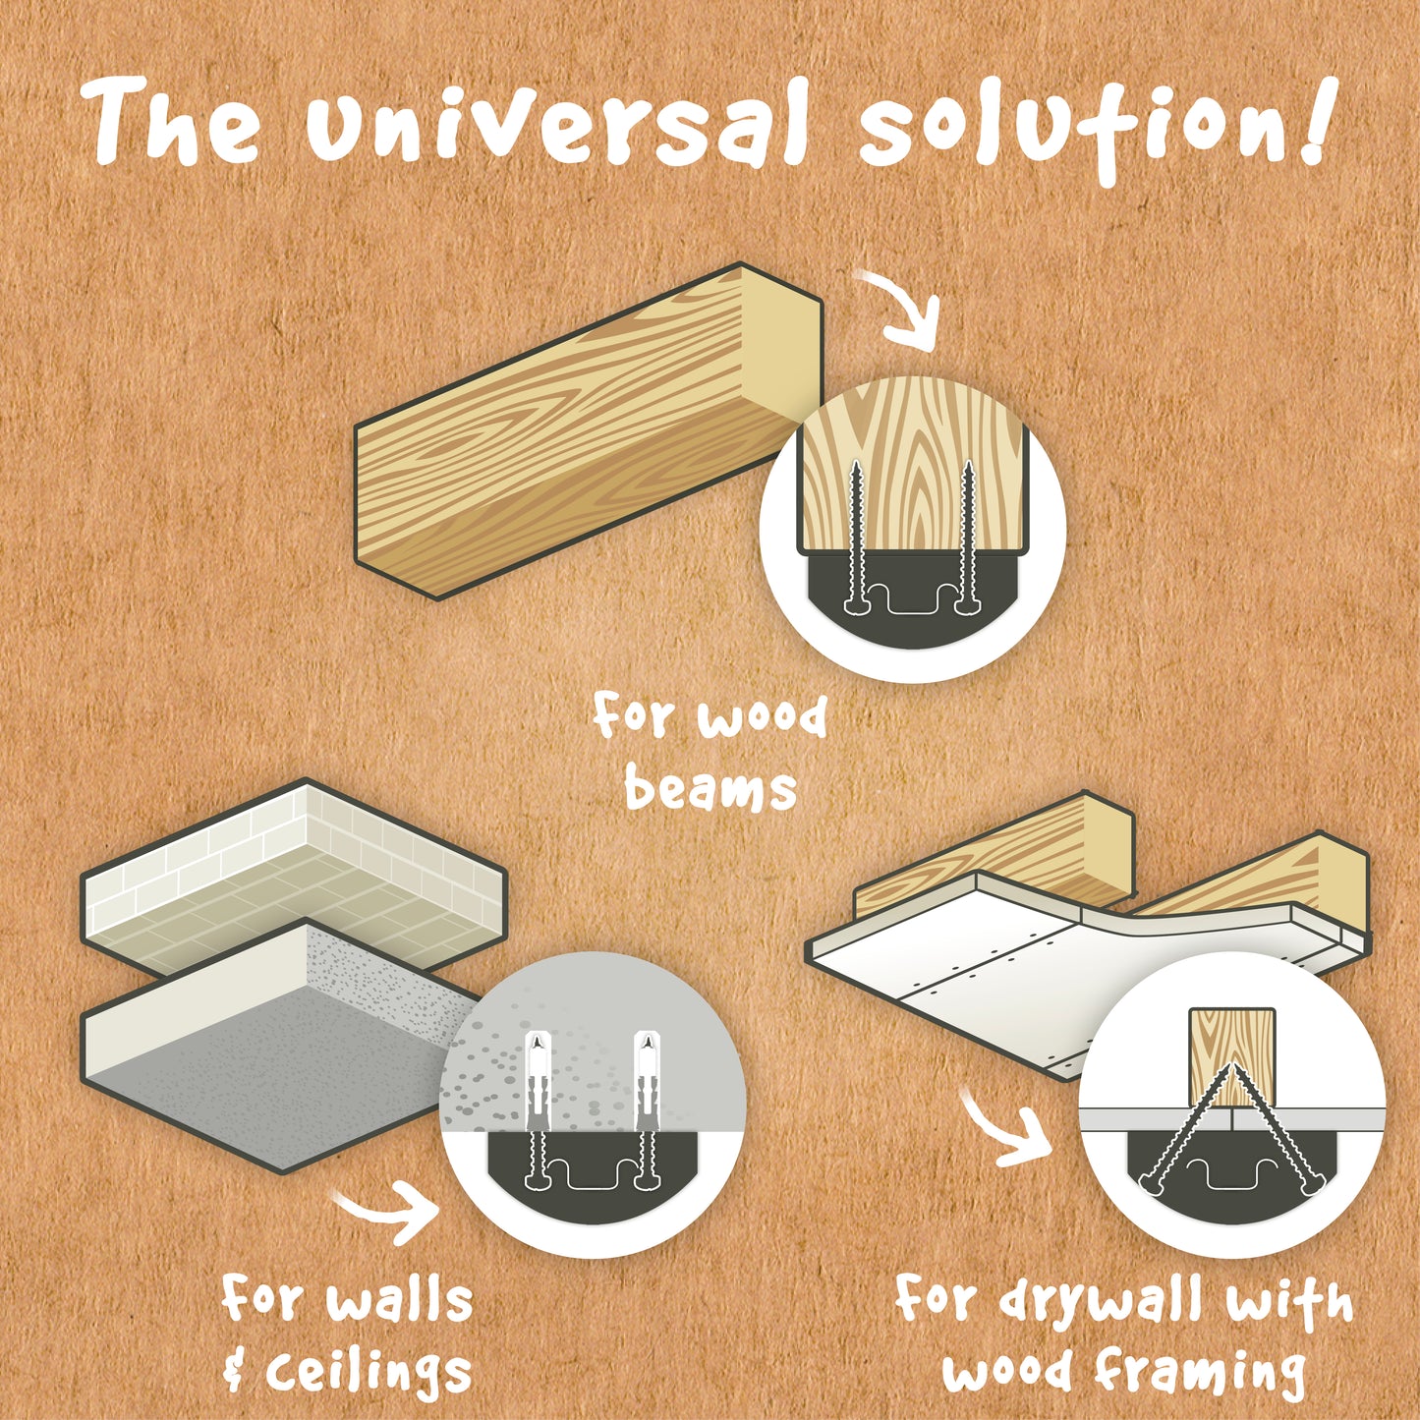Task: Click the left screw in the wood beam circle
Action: (x=856, y=536)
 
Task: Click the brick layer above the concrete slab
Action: (x=295, y=877)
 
